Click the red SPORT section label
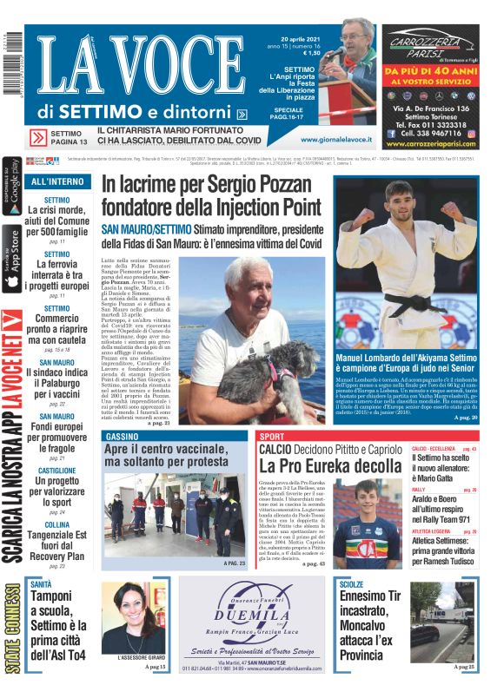(272, 436)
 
